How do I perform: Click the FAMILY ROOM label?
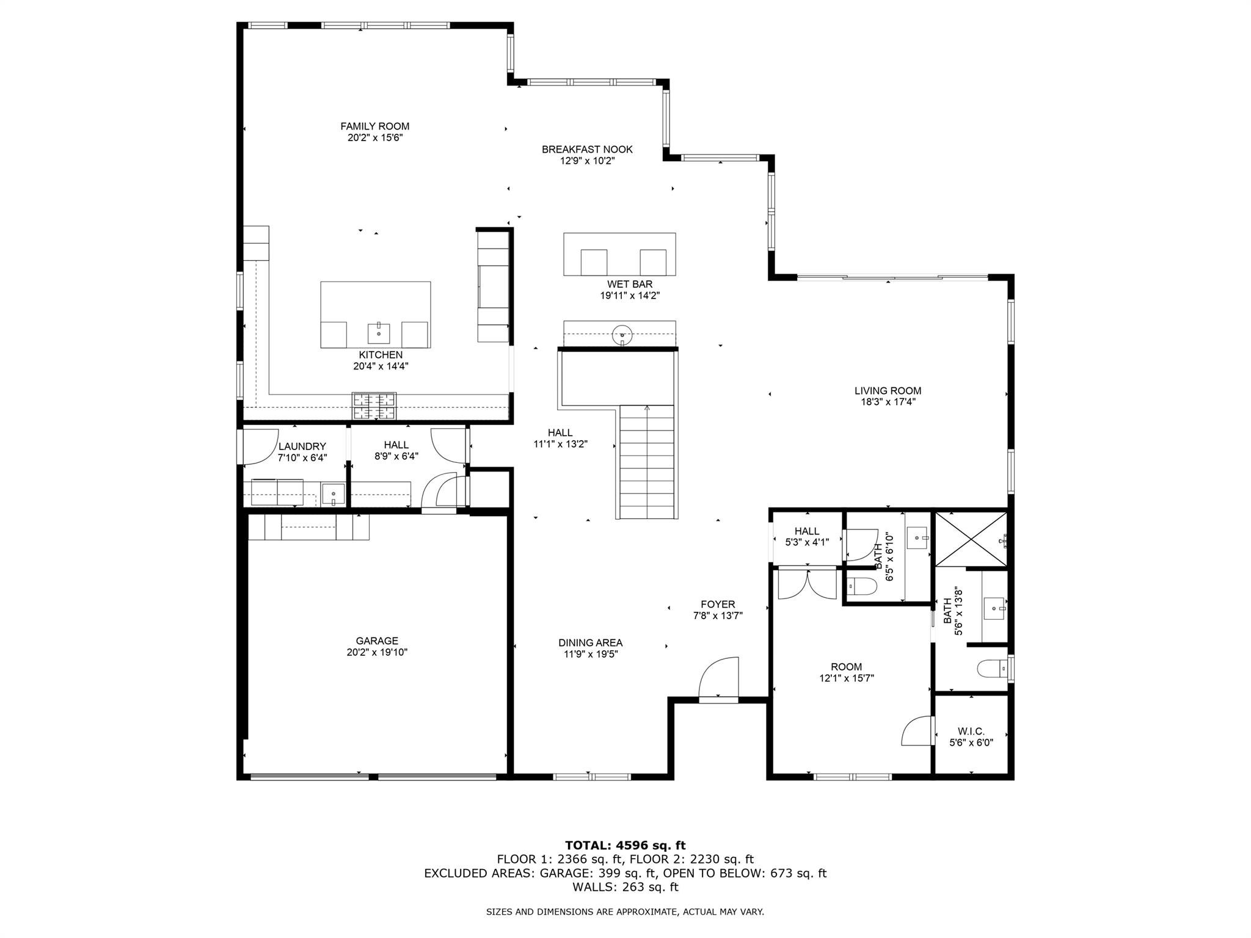[x=374, y=126]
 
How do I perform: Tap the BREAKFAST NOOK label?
[x=587, y=150]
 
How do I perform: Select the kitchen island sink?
[x=378, y=333]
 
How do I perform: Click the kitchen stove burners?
[x=374, y=406]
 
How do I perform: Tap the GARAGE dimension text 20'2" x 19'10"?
[x=376, y=652]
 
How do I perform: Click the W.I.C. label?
[x=971, y=732]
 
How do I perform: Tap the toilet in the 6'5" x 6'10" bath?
[x=862, y=587]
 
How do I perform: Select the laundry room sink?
[x=334, y=493]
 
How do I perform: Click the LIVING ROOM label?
[x=887, y=391]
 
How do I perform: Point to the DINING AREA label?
[x=590, y=642]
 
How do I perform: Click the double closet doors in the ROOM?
[x=806, y=585]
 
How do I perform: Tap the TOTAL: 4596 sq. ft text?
[x=625, y=845]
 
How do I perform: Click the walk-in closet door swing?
[x=918, y=732]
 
